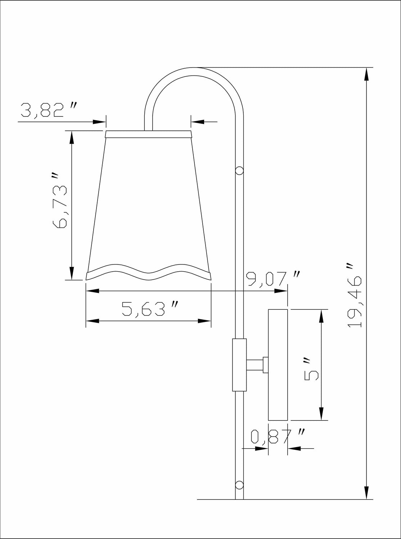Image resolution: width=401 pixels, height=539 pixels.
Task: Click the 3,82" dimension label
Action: [49, 110]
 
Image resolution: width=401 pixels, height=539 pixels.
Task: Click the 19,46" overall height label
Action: [355, 295]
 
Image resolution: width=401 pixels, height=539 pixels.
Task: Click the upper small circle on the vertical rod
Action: [240, 170]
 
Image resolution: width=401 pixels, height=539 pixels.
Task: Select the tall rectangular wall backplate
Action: [278, 365]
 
